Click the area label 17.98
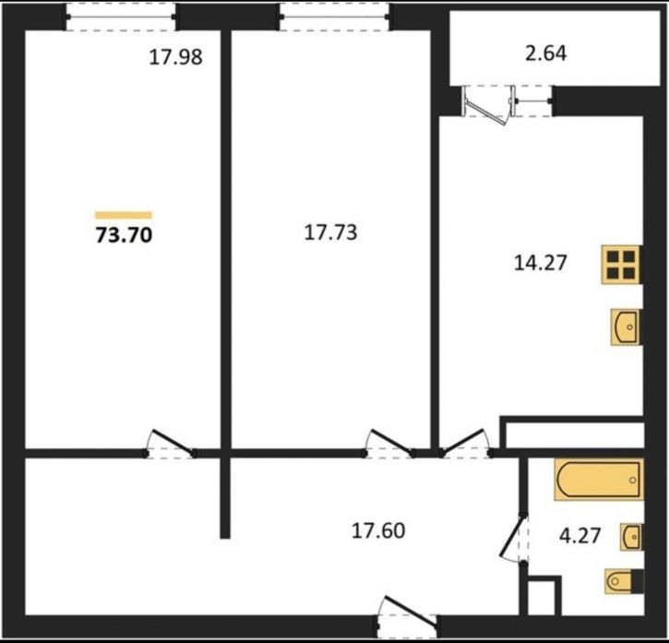tap(175, 57)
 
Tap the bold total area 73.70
tap(124, 234)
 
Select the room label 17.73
tap(330, 233)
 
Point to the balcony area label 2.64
tap(545, 54)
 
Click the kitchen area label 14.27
tap(541, 262)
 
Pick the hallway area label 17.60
tap(378, 530)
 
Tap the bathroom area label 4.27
tap(579, 535)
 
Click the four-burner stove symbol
tap(621, 265)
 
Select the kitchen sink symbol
tap(626, 327)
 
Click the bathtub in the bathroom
tap(599, 480)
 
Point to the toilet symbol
tap(624, 580)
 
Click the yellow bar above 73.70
tap(124, 216)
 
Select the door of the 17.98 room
tap(170, 444)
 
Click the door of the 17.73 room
tap(388, 444)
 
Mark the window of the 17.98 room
tap(121, 18)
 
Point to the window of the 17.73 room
tap(335, 18)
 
